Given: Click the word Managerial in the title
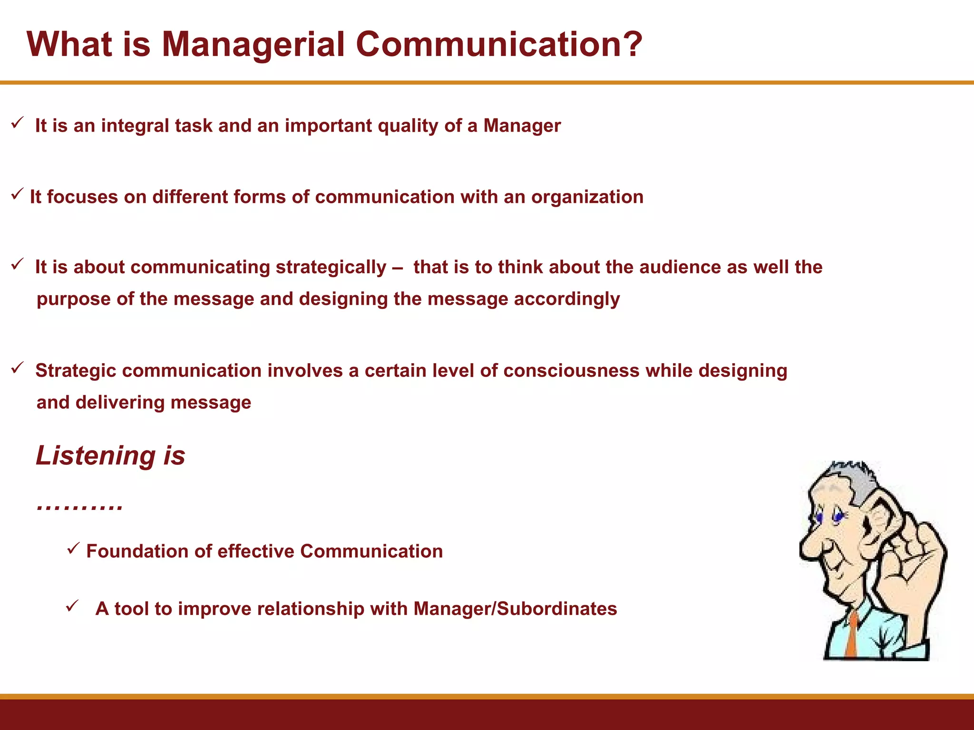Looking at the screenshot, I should pos(253,44).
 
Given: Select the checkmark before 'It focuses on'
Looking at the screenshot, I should pos(17,194).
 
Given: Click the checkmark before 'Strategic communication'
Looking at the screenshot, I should pos(18,367).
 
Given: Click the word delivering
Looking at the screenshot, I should pos(120,403).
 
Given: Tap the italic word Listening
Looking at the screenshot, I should pos(96,455).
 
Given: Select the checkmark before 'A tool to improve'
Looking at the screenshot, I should pos(72,606).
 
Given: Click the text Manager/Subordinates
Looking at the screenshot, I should pos(515,609).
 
